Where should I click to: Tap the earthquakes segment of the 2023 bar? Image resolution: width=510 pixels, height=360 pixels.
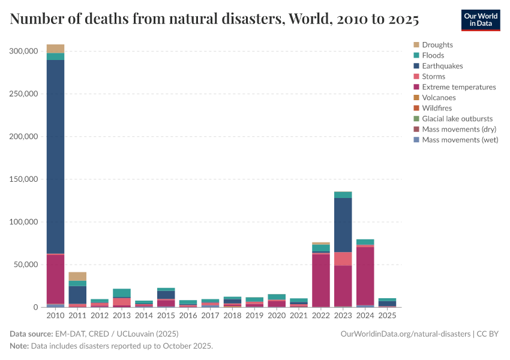[x=343, y=225]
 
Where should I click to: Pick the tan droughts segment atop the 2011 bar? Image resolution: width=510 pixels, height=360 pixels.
[x=77, y=276]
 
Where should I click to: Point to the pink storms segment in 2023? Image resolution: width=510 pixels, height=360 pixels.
[x=343, y=259]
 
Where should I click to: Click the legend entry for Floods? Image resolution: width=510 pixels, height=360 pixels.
[x=433, y=55]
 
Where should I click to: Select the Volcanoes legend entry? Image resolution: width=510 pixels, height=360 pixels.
[x=439, y=97]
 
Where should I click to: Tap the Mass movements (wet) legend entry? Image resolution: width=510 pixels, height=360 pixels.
[x=460, y=140]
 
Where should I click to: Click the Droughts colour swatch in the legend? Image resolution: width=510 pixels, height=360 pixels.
[x=416, y=45]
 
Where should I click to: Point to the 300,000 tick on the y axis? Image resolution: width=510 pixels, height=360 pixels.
[x=23, y=51]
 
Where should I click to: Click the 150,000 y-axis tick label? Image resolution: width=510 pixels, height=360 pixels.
[x=23, y=179]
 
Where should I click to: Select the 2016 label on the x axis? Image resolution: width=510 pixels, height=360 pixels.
[x=188, y=315]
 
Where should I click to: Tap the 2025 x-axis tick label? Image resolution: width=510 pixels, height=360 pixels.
[x=387, y=315]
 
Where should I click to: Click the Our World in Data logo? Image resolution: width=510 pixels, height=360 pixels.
[x=480, y=20]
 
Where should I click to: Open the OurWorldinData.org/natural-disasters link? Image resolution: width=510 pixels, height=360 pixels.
[x=405, y=334]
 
